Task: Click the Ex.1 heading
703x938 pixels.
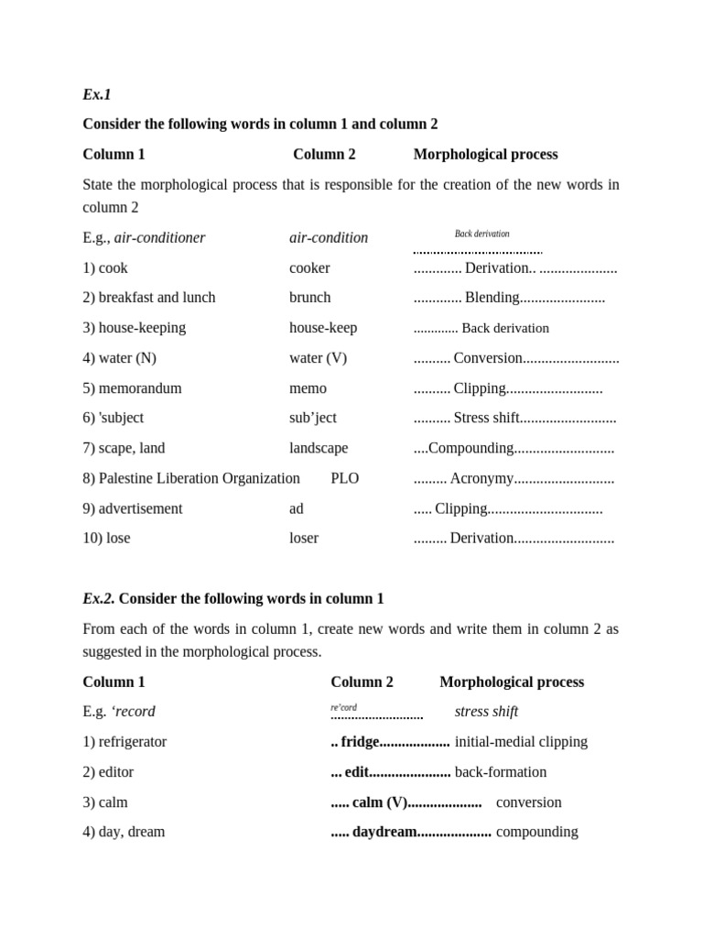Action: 96,94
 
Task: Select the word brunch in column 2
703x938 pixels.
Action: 310,298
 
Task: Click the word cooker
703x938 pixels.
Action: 309,268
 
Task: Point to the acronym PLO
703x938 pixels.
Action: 344,478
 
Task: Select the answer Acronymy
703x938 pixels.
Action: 481,478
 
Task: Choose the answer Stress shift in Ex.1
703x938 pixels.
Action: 486,418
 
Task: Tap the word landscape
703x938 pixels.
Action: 319,448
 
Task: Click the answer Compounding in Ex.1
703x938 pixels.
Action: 470,448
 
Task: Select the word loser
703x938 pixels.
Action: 304,538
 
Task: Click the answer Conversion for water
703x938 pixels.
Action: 488,358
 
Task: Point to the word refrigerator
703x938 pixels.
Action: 133,742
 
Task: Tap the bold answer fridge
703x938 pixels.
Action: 360,742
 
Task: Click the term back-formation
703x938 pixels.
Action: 500,772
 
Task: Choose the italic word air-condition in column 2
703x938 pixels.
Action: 329,238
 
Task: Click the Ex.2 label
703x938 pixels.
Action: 99,598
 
